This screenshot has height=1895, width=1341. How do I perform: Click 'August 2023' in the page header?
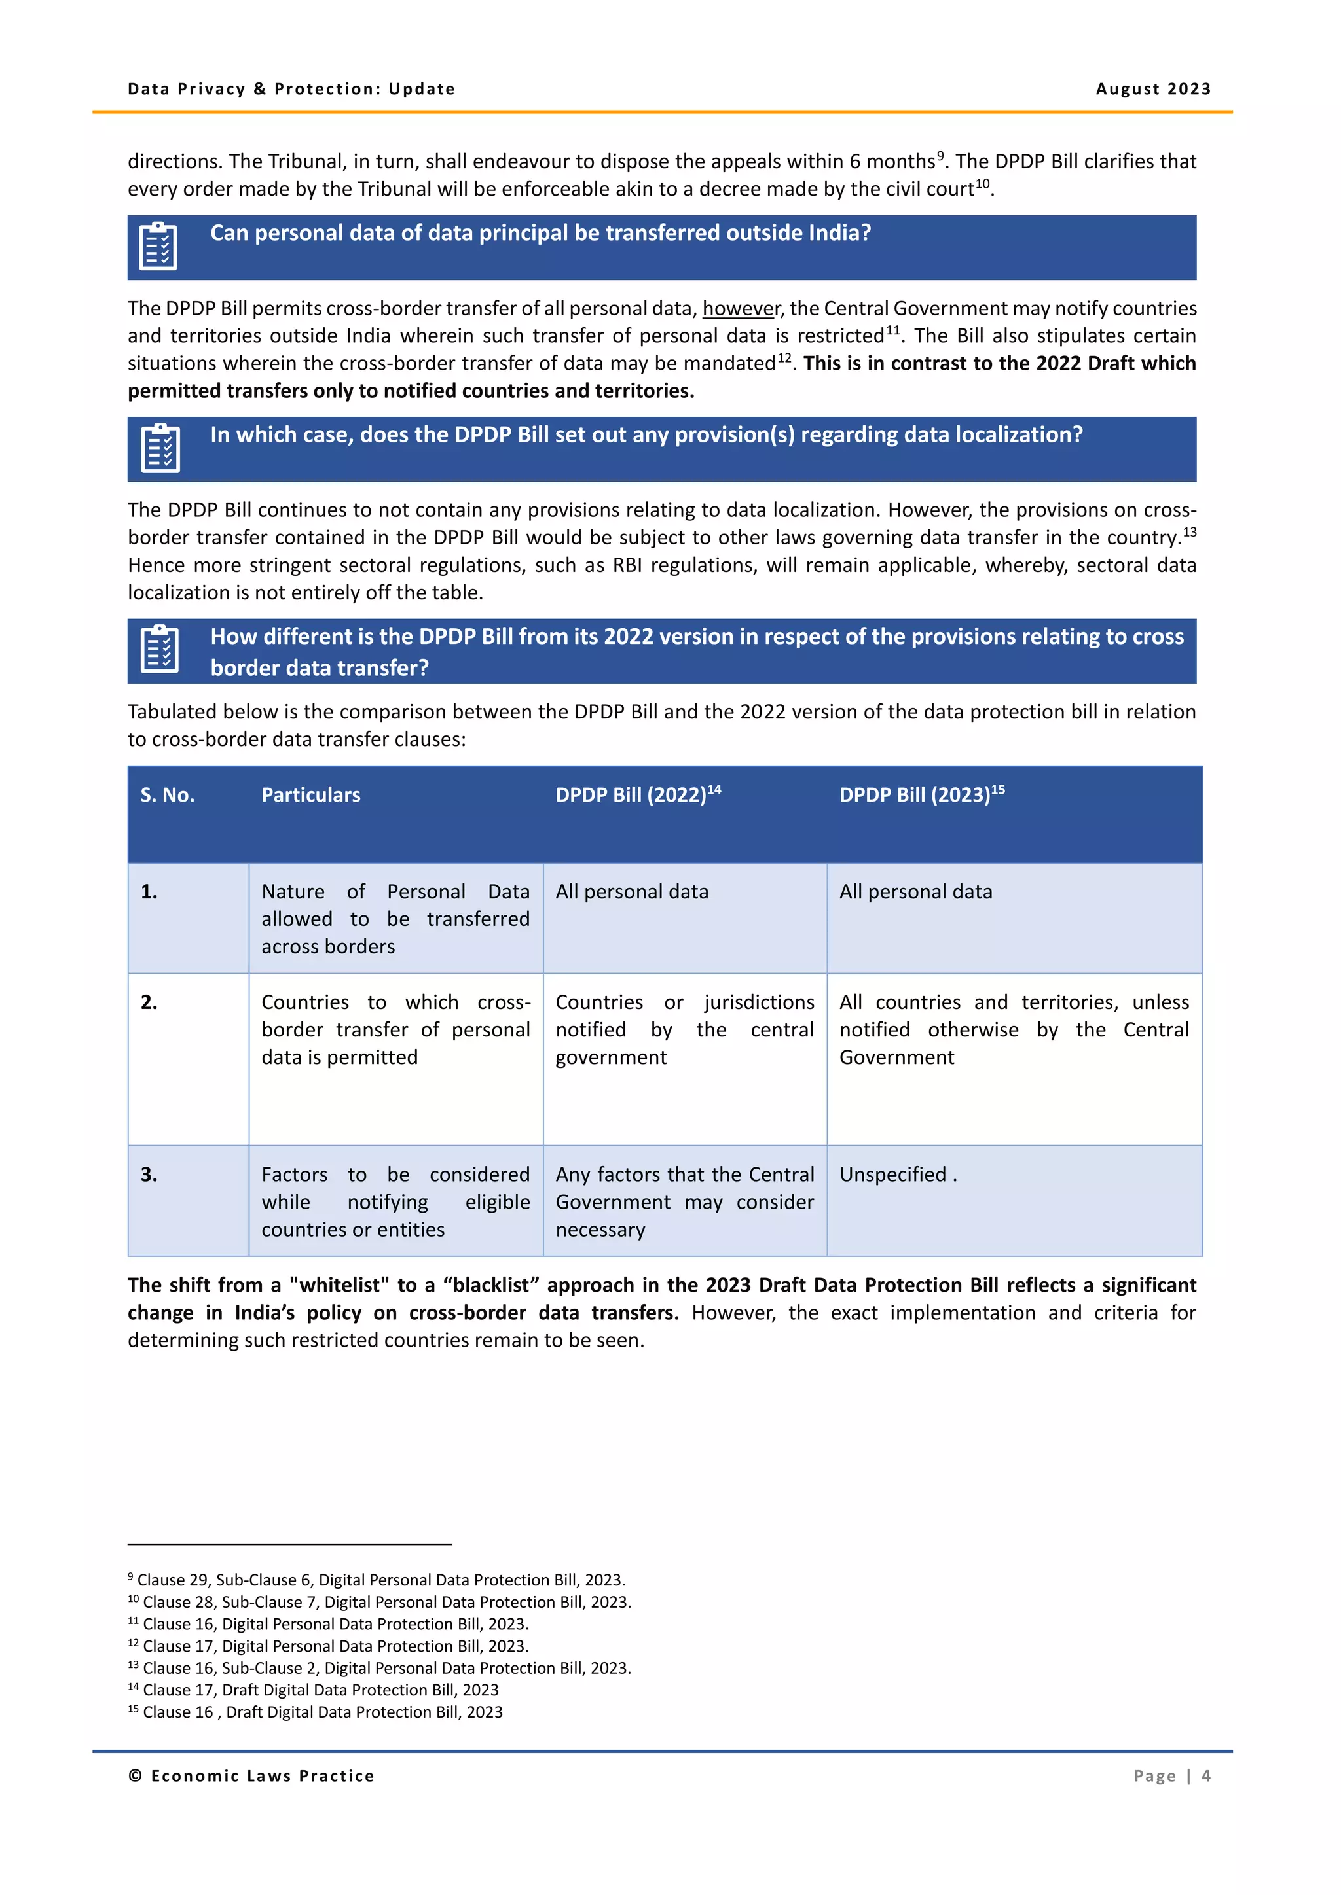tap(1152, 89)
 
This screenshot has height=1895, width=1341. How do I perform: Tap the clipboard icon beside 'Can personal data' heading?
tap(158, 246)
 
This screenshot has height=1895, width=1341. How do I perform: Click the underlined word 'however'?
tap(740, 309)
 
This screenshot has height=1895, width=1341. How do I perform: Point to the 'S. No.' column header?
tap(168, 795)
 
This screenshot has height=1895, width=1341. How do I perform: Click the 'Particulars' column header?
tap(310, 795)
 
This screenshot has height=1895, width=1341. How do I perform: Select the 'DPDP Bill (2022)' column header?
tap(638, 795)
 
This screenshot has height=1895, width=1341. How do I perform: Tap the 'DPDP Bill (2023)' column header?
tap(921, 795)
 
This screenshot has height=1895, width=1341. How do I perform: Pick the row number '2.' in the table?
tap(149, 1002)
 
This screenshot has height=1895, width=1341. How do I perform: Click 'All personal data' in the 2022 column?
tap(632, 892)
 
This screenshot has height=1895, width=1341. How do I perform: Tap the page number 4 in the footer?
tap(1205, 1775)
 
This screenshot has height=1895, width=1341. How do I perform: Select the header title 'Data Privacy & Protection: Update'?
tap(291, 89)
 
